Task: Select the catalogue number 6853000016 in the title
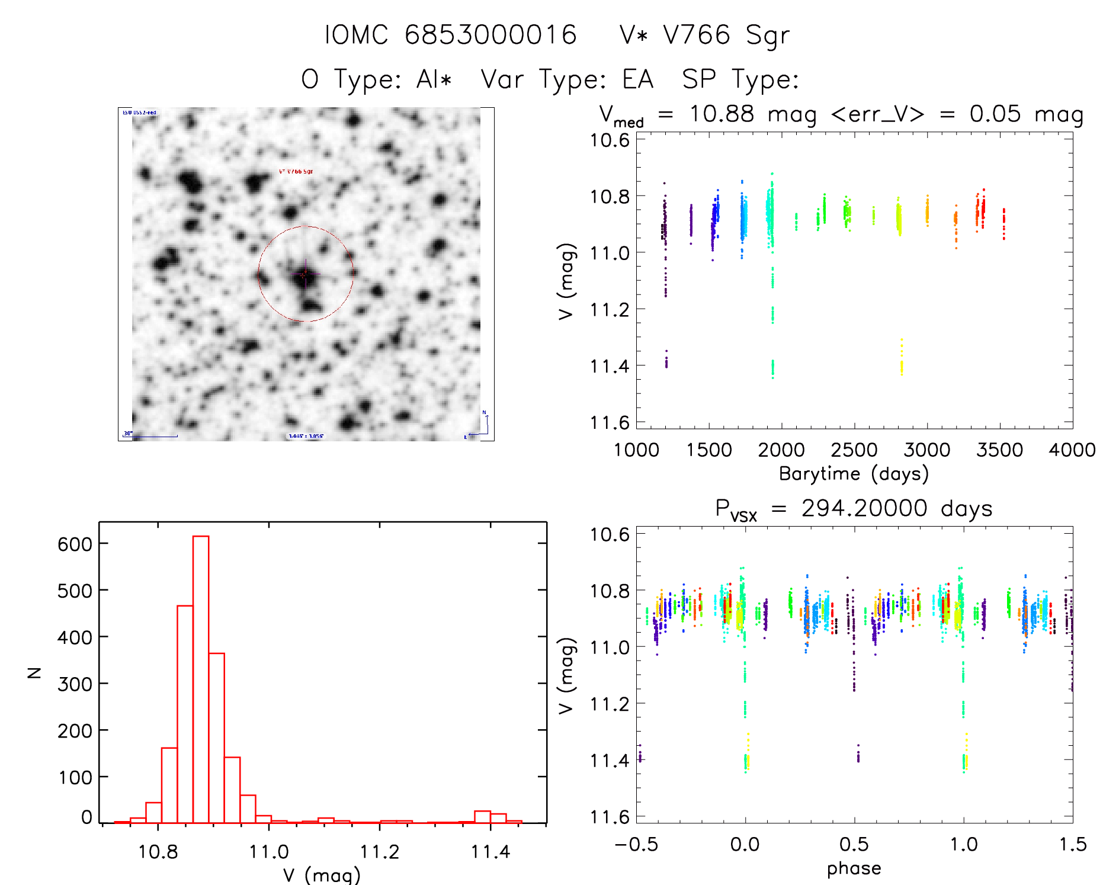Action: pyautogui.click(x=490, y=35)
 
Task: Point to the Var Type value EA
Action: pyautogui.click(x=638, y=79)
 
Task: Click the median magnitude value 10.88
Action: pyautogui.click(x=722, y=114)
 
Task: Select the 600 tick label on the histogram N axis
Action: pyautogui.click(x=75, y=544)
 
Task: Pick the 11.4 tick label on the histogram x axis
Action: pyautogui.click(x=490, y=852)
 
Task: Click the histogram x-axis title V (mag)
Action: pyautogui.click(x=322, y=875)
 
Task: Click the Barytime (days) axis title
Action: pyautogui.click(x=854, y=474)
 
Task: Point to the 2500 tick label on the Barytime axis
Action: pyautogui.click(x=854, y=450)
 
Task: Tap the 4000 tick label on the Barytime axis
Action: pyautogui.click(x=1072, y=450)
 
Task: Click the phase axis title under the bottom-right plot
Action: pyautogui.click(x=854, y=868)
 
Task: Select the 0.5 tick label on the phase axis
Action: pyautogui.click(x=854, y=844)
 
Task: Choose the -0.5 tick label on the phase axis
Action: pyautogui.click(x=636, y=844)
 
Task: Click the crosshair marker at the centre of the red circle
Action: pyautogui.click(x=306, y=274)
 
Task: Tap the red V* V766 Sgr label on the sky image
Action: pyautogui.click(x=296, y=171)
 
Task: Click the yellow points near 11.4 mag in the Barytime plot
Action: pyautogui.click(x=902, y=361)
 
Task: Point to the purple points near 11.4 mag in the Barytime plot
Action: pyautogui.click(x=666, y=360)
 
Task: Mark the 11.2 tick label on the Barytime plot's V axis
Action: pyautogui.click(x=610, y=309)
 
